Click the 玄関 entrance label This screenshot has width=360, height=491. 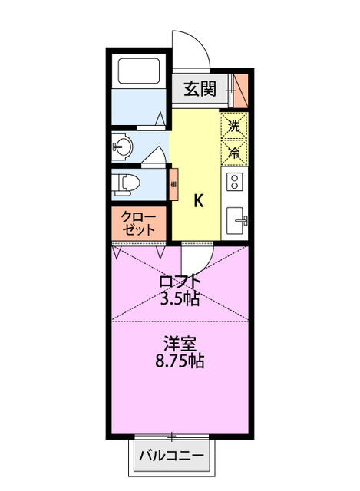(199, 88)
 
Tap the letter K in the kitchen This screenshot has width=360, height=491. (198, 201)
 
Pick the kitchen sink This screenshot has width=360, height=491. (237, 221)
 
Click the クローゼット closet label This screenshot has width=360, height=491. (139, 222)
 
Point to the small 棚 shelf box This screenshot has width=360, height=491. (173, 184)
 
